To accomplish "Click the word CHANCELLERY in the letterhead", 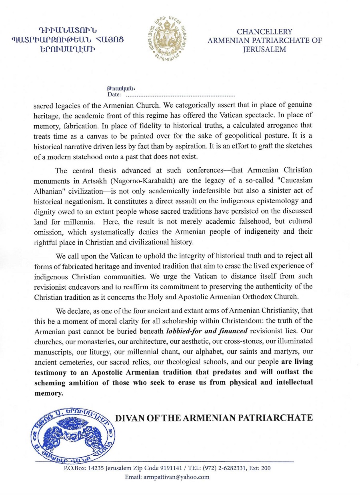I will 264,32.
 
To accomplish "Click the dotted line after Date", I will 180,96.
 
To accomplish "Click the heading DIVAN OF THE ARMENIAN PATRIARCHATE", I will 214,418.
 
